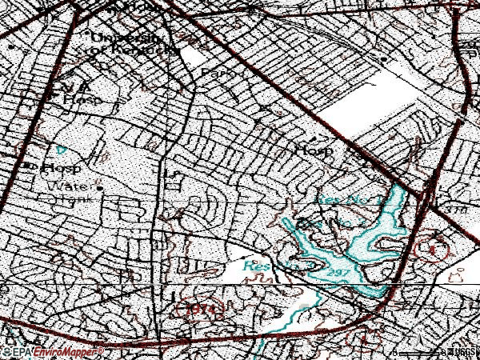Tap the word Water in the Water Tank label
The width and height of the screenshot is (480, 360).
coord(63,186)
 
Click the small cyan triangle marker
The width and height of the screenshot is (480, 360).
coord(61,148)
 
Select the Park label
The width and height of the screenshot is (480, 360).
coord(214,72)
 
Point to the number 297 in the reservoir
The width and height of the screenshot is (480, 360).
coord(337,274)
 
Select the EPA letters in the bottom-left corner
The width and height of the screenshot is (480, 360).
coord(22,351)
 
